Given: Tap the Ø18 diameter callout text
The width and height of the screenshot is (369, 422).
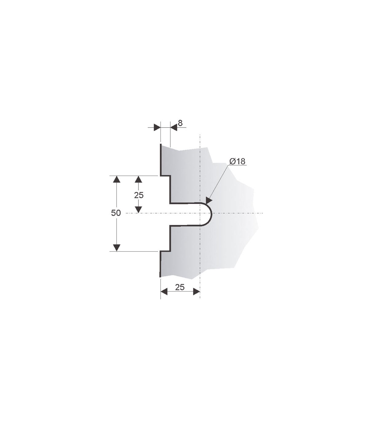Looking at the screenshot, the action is [237, 161].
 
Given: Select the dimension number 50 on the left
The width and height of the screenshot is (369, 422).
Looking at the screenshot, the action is [116, 213].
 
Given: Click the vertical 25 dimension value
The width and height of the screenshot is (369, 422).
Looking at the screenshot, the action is [139, 195].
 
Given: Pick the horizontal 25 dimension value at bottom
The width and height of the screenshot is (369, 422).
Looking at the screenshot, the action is [180, 287].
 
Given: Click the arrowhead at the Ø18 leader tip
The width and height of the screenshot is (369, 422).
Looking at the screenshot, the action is [209, 201].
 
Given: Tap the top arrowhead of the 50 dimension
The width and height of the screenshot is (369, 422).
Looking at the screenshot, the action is [117, 179].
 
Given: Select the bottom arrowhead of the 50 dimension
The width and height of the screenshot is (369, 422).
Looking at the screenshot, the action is [117, 248].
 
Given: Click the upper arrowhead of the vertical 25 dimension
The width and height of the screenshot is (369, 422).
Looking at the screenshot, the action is [139, 179].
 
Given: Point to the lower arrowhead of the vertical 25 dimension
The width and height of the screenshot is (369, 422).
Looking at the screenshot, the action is [139, 209].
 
